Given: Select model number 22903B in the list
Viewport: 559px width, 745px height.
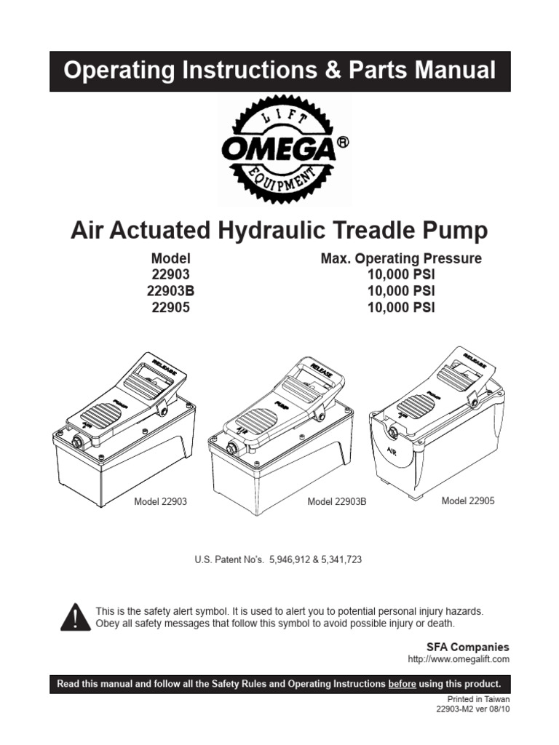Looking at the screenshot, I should point(171,290).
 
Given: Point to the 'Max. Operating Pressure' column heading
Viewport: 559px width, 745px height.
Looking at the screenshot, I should point(401,259).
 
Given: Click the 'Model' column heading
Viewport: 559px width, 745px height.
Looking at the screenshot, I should point(170,259).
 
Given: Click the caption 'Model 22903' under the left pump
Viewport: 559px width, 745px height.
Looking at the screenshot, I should point(161,502).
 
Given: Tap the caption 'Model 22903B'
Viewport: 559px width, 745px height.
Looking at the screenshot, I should point(337,502).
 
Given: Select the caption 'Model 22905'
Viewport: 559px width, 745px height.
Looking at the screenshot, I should point(468,501).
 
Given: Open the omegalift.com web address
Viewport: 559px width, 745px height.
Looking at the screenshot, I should point(459,659).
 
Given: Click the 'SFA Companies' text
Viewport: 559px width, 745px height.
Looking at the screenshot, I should point(467,647).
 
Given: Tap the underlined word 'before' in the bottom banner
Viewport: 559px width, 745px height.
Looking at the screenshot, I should point(402,684).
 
